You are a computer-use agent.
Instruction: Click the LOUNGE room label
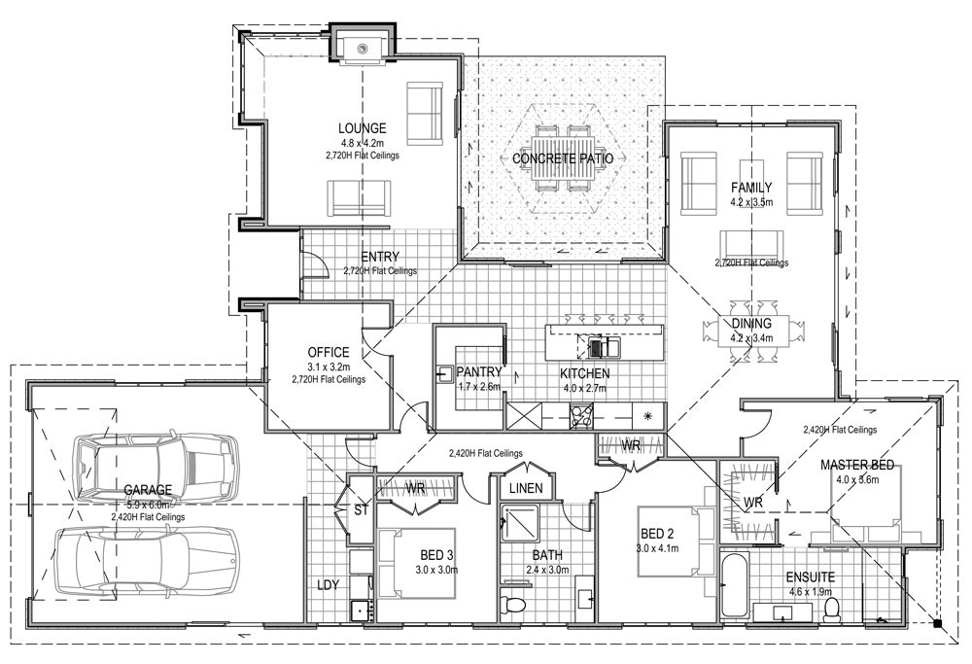coord(362,128)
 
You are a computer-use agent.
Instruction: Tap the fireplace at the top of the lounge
coord(363,45)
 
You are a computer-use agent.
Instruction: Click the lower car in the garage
coord(146,560)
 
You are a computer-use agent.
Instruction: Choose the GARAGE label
coord(148,490)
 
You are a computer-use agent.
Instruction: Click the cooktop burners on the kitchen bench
coord(582,416)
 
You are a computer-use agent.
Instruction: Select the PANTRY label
coord(478,371)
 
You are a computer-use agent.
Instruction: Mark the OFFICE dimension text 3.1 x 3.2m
coord(328,367)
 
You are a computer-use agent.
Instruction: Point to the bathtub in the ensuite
coord(736,582)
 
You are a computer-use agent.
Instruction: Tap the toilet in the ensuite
coord(831,608)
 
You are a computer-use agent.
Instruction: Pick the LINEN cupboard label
coord(525,486)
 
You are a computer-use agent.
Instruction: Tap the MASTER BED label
coord(856,465)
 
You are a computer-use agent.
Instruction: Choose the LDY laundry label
coord(328,585)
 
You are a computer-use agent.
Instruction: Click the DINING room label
coord(751,324)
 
